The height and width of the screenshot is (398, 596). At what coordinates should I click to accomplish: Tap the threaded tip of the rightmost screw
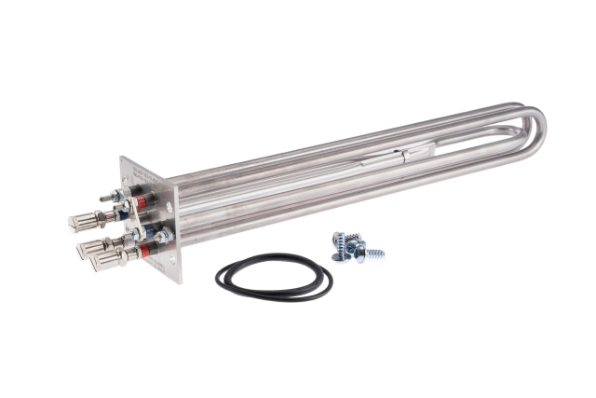point(380,254)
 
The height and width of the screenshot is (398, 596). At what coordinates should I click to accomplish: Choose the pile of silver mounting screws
point(355,245)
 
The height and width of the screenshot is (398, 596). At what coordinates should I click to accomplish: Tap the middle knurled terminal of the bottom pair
point(93,247)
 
